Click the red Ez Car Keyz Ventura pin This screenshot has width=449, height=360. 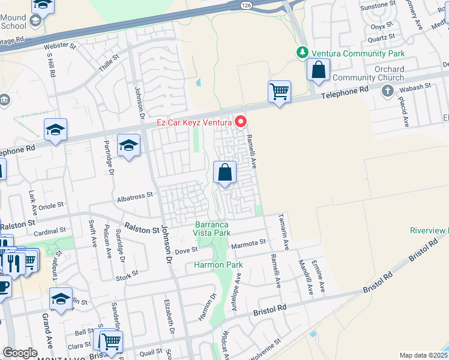241,122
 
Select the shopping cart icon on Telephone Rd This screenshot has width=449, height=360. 279,92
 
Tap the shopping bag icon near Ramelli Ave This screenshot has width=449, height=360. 225,173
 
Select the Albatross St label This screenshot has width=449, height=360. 135,196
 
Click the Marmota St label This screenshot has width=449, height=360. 249,242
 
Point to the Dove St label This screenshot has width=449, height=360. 186,250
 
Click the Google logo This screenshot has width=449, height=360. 20,353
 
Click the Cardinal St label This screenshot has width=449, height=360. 50,230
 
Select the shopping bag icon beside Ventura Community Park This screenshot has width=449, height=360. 318,70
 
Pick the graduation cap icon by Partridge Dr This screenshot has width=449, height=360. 128,146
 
